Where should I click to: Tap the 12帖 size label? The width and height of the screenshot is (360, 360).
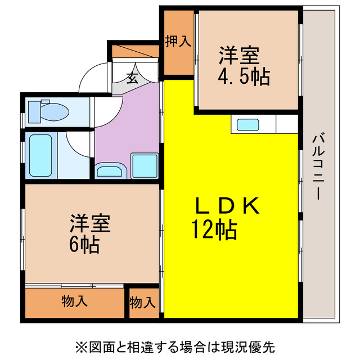[214, 229]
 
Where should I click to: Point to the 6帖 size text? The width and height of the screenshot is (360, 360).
[85, 244]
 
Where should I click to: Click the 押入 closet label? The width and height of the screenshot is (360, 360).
[178, 41]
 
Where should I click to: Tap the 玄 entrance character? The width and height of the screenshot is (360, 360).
[132, 78]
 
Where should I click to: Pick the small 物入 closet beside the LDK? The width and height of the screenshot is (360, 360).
[142, 303]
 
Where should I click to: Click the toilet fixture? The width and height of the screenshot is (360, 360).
[48, 111]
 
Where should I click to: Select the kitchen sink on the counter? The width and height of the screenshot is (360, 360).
[247, 125]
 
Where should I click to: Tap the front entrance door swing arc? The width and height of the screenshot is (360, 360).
[90, 79]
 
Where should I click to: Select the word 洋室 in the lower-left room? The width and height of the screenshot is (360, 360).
[90, 223]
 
